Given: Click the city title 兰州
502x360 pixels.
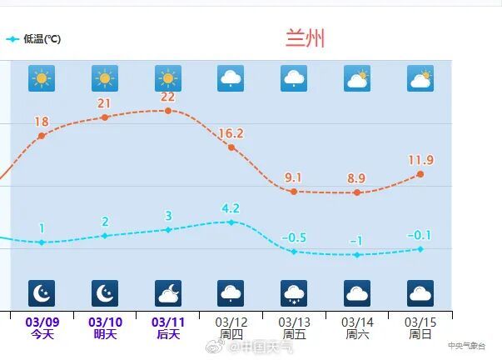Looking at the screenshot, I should click(305, 38).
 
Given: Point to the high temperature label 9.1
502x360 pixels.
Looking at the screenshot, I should click(293, 177).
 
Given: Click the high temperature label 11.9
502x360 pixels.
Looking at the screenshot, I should click(420, 160).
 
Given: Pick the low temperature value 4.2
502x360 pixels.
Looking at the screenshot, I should click(231, 208).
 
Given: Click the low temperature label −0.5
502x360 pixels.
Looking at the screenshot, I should click(294, 237).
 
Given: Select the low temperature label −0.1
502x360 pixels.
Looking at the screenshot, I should click(420, 235).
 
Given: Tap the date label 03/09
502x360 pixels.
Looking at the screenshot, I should click(42, 322).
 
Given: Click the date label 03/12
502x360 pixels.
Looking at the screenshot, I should click(231, 322).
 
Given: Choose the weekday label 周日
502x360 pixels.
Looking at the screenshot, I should click(420, 334).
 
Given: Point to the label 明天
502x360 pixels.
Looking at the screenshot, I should click(105, 334).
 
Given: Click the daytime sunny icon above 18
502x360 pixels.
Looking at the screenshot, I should click(42, 78).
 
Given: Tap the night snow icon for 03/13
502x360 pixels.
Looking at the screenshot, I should click(294, 292).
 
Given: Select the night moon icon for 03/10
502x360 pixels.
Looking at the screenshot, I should click(105, 292).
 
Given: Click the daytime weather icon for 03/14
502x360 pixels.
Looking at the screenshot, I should click(357, 78).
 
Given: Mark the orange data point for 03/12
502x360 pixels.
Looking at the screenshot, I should click(231, 147).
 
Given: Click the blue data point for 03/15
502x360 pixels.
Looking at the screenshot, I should click(420, 249).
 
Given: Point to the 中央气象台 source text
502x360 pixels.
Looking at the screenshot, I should click(465, 345).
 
